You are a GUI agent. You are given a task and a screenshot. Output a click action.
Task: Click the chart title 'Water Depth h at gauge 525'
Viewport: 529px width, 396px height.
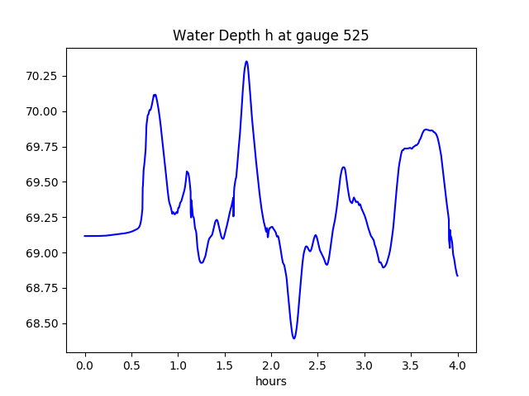[x=270, y=35]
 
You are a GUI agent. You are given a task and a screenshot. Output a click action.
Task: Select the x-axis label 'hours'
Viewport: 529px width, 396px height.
[x=270, y=382]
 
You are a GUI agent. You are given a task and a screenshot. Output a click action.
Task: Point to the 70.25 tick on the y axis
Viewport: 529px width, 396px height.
[x=41, y=77]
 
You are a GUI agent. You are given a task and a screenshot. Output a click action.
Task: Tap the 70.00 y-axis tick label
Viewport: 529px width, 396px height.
[x=41, y=112]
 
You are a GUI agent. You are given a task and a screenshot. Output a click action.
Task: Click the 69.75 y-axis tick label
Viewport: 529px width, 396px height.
[x=41, y=147]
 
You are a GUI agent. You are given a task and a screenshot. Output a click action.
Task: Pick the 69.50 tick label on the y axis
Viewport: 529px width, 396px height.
[x=41, y=182]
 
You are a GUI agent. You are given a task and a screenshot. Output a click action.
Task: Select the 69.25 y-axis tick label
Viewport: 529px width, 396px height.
[x=41, y=218]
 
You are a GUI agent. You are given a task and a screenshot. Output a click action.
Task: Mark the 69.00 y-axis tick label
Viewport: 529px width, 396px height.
[x=41, y=253]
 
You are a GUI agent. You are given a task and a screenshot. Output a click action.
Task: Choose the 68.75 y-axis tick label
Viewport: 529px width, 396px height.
[x=41, y=288]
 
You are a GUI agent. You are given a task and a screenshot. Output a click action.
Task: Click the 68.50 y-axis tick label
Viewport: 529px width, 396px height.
[x=41, y=323]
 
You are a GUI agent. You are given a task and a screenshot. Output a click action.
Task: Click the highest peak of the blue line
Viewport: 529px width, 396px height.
[x=246, y=61]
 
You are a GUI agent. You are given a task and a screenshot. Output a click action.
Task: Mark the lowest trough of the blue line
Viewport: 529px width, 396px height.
[x=293, y=338]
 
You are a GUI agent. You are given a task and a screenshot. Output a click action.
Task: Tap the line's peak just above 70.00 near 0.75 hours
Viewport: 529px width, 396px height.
[x=155, y=95]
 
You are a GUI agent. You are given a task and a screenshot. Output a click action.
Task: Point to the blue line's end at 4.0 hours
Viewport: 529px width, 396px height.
[x=457, y=276]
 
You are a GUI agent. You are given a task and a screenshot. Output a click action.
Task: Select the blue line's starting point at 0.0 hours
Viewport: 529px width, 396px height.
[x=85, y=236]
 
